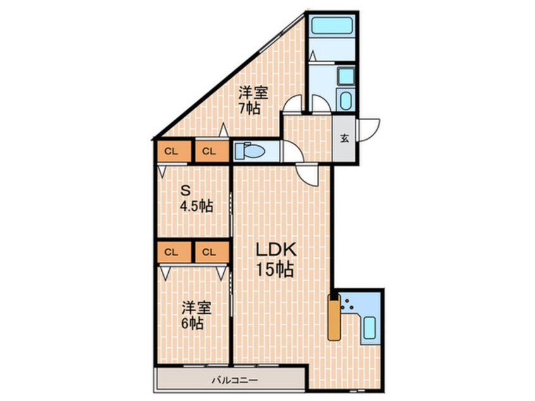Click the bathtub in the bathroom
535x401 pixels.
pyautogui.click(x=332, y=27)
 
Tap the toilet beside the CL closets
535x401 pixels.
pyautogui.click(x=250, y=152)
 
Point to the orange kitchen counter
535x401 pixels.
pyautogui.click(x=333, y=318)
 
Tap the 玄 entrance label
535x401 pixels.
pyautogui.click(x=345, y=139)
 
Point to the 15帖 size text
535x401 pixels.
pyautogui.click(x=274, y=270)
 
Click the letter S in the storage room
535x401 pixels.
pyautogui.click(x=186, y=190)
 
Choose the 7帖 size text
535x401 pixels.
pyautogui.click(x=249, y=108)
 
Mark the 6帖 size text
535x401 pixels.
pyautogui.click(x=193, y=323)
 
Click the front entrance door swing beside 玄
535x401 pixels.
pyautogui.click(x=369, y=130)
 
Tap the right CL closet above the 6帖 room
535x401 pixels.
pyautogui.click(x=209, y=252)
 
